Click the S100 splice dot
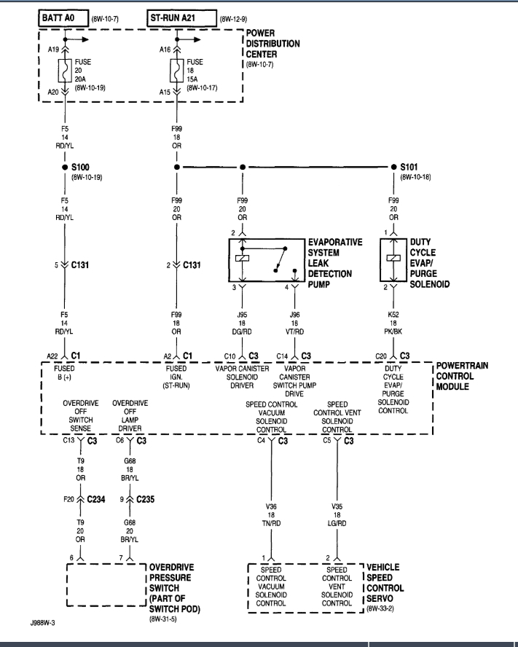66,167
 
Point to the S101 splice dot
394,167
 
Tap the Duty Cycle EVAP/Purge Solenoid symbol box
394,260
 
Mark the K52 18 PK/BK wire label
394,323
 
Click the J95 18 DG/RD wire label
240,323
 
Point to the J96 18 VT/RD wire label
295,323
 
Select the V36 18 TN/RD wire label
271,514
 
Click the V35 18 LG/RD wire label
337,514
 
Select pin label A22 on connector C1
51,356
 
